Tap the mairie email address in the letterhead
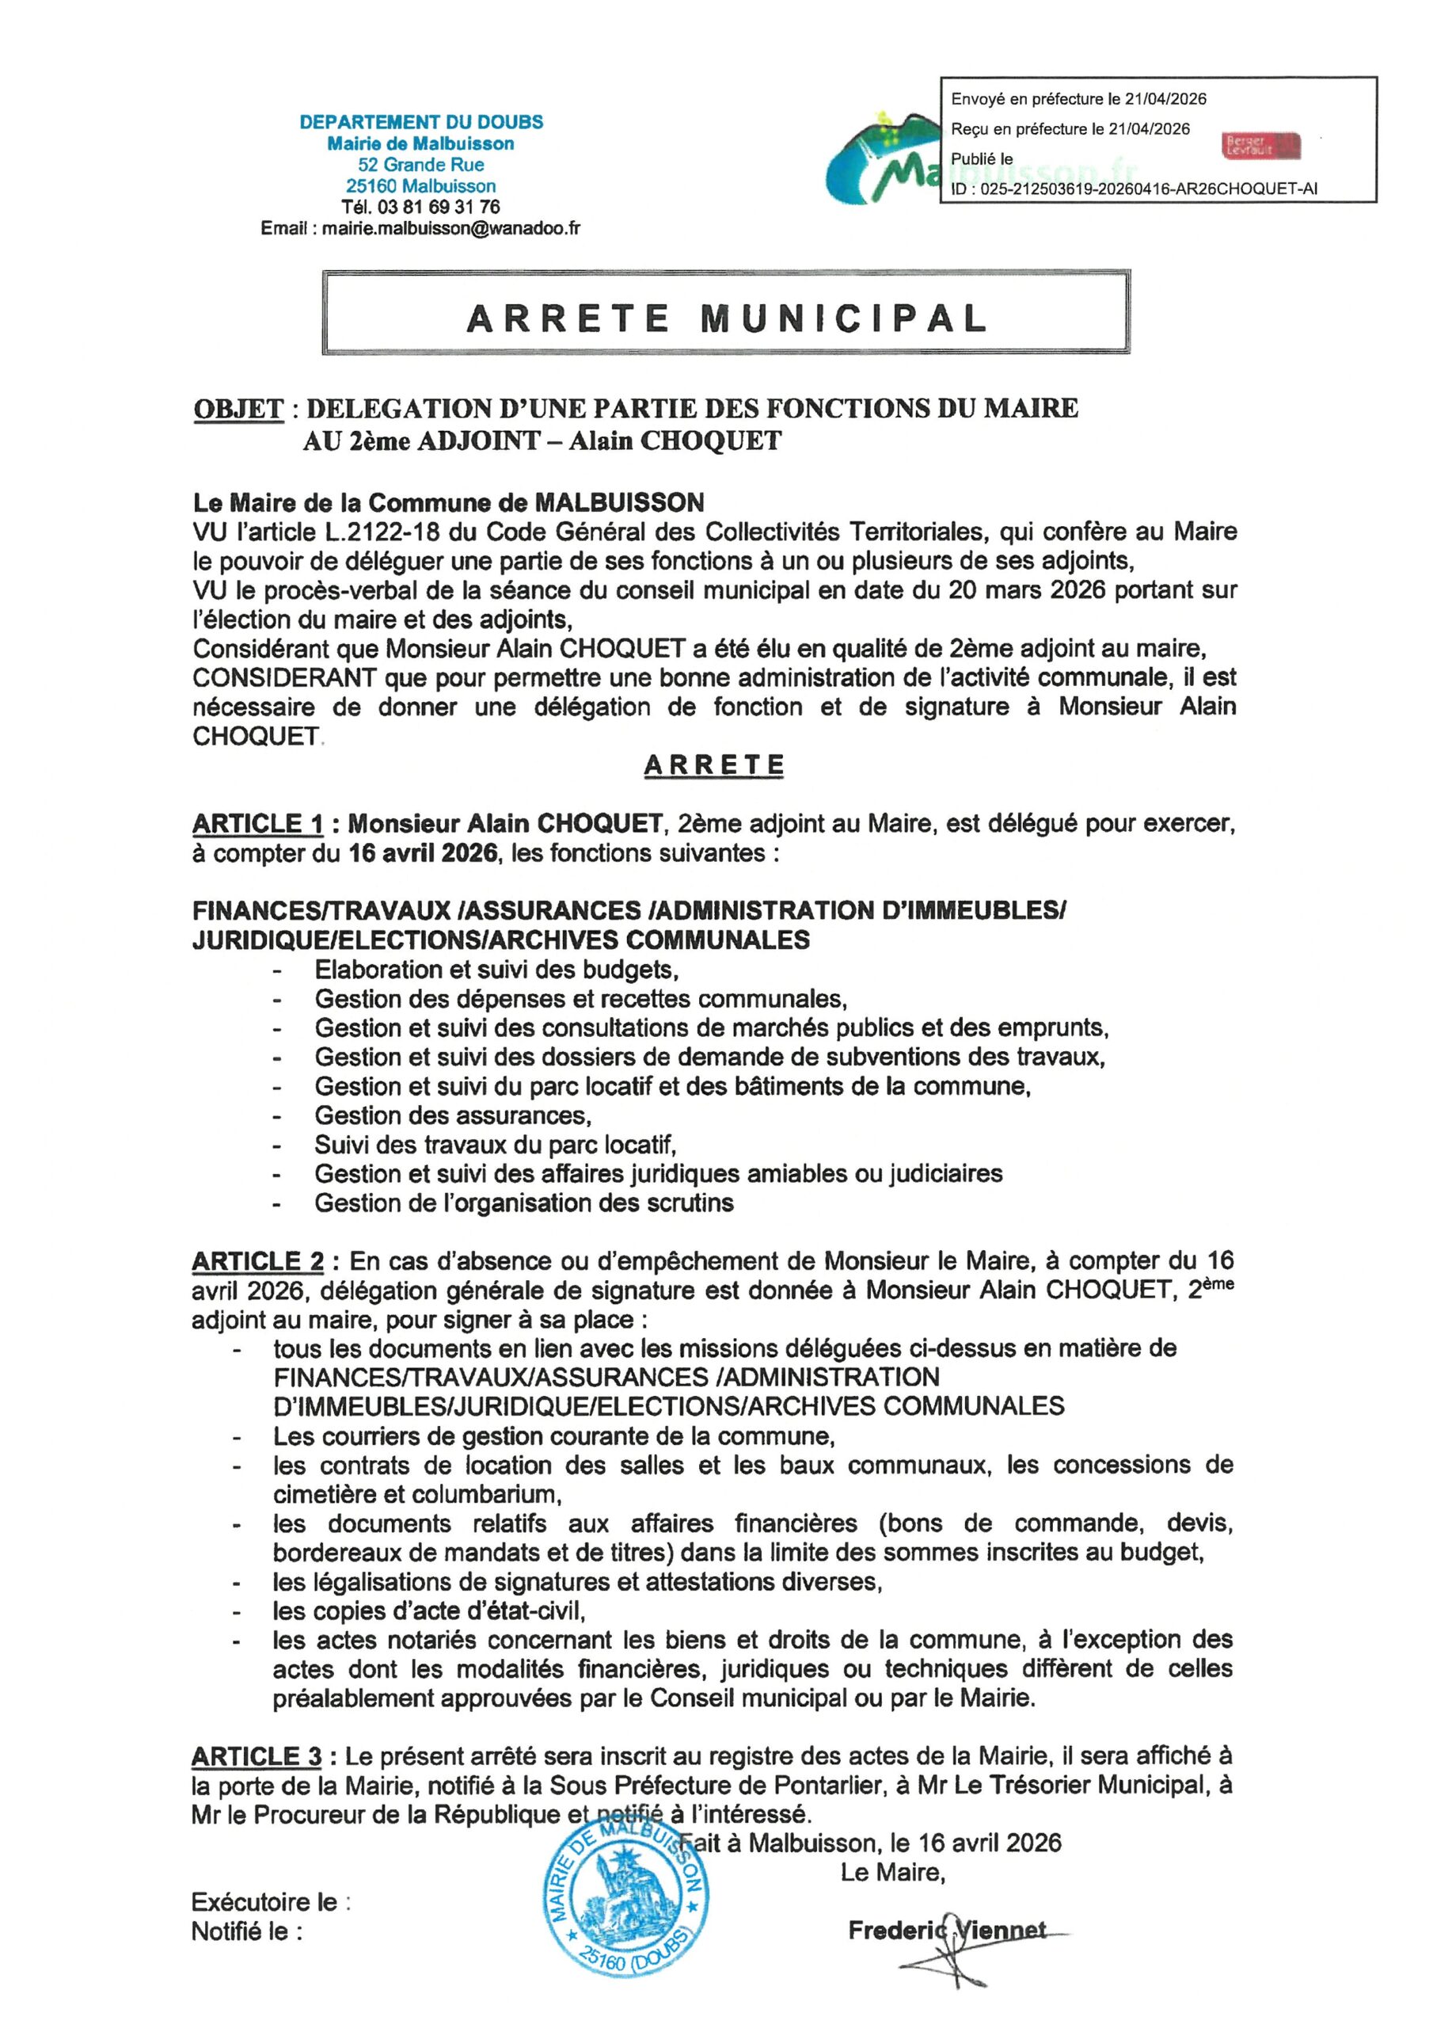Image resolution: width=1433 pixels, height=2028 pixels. pos(450,229)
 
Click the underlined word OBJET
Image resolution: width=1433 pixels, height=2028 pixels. pos(238,409)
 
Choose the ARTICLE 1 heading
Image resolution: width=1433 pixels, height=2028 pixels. pos(258,824)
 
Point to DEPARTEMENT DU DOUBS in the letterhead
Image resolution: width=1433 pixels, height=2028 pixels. pos(421,123)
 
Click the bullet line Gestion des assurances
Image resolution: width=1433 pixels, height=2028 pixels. pos(453,1115)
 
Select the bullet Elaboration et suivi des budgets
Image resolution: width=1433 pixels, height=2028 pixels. pos(496,970)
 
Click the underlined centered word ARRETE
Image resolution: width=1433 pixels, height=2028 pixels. pos(713,766)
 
